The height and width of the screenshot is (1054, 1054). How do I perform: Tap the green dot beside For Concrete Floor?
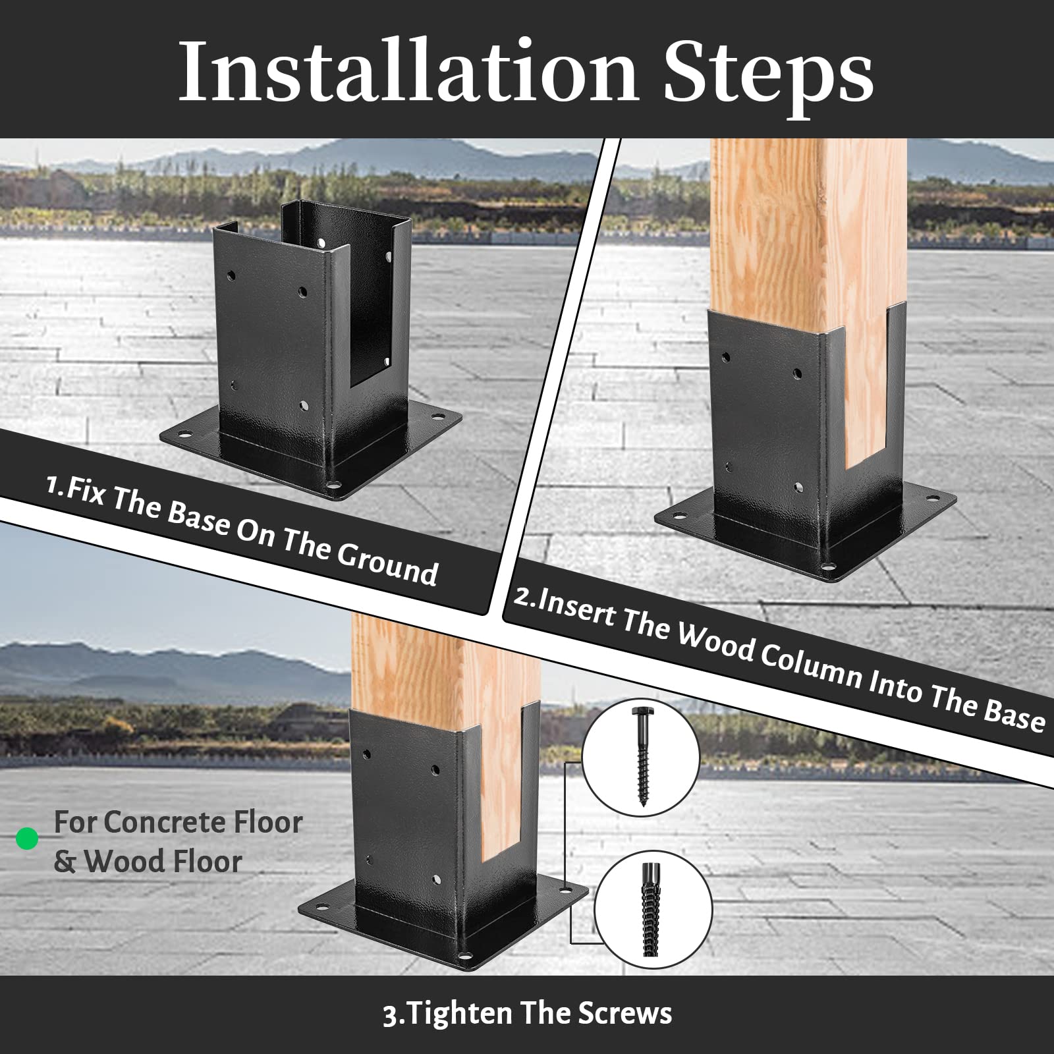(x=27, y=839)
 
